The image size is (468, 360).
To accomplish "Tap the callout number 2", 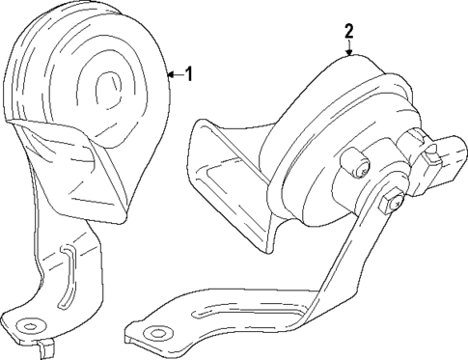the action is (x=348, y=31).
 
